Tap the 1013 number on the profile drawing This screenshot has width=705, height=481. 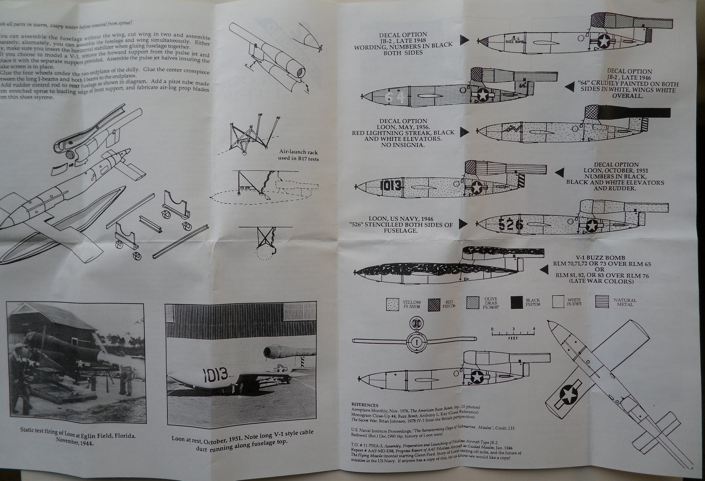390,185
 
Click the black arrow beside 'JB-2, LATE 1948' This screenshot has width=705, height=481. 464,40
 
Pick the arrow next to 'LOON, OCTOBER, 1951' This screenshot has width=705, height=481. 560,172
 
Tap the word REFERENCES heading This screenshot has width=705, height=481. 365,404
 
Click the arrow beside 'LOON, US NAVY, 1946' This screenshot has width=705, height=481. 463,223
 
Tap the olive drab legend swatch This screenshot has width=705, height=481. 474,303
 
